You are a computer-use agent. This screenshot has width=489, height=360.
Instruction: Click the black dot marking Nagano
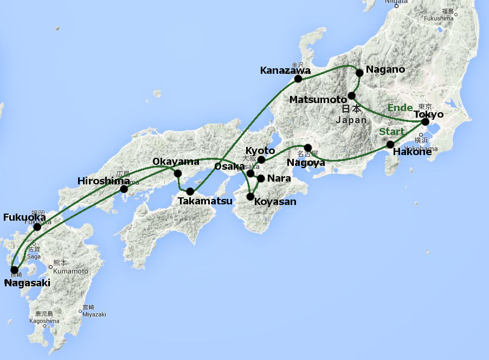tap(359, 73)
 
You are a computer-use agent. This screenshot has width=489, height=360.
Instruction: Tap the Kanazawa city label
tap(285, 70)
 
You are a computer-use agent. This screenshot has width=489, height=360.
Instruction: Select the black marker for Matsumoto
tap(351, 96)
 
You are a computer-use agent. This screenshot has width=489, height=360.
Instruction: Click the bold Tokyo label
tap(428, 114)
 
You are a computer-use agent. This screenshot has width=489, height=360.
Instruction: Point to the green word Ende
tap(400, 108)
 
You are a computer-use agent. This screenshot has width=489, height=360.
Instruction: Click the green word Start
tap(391, 132)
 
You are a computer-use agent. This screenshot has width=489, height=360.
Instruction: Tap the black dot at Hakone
tap(390, 144)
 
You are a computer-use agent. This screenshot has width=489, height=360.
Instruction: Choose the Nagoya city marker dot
tap(307, 147)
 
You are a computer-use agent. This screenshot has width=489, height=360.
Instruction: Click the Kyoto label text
tap(260, 151)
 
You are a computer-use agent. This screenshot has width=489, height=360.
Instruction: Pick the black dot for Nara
tap(261, 178)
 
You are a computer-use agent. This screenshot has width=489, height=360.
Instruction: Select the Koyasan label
tap(275, 202)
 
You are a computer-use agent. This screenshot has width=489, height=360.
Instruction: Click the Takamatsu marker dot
tap(190, 191)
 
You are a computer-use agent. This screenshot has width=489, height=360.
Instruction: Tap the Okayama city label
tap(172, 162)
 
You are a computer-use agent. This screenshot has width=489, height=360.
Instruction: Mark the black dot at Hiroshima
tap(124, 189)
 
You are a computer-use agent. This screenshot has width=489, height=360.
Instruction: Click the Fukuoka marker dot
tap(37, 227)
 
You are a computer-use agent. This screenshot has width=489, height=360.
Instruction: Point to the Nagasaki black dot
tap(14, 269)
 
